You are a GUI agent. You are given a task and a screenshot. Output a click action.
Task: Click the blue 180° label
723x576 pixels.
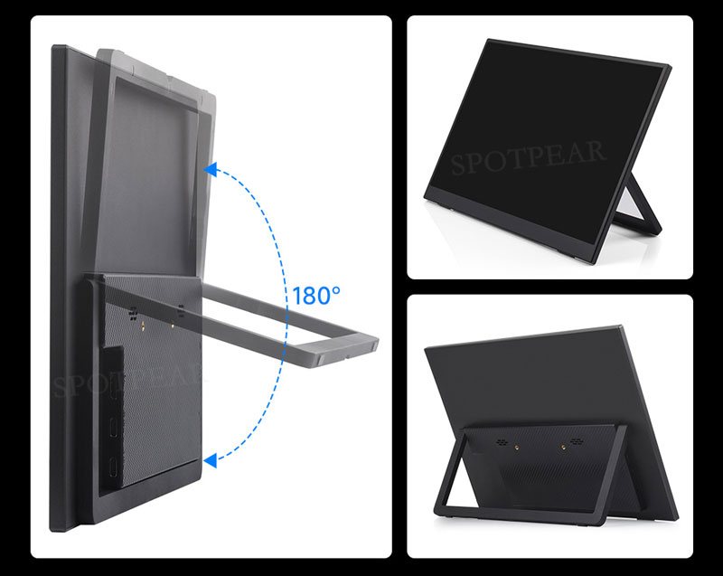click(316, 296)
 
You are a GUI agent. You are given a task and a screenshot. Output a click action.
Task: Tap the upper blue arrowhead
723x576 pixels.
click(210, 168)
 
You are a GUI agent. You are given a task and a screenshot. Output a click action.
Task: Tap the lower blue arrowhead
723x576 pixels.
click(210, 461)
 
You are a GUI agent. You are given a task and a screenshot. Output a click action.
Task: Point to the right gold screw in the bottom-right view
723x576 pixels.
click(570, 443)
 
